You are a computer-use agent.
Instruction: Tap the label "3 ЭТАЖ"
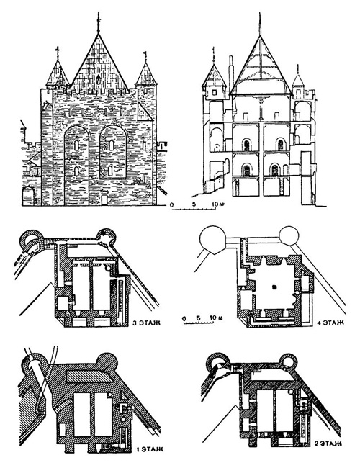[146, 323]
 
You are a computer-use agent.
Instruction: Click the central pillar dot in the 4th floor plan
[274, 287]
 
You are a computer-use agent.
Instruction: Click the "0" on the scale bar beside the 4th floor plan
[184, 318]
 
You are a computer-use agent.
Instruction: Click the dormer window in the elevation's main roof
[98, 79]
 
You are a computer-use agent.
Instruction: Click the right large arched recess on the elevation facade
[113, 152]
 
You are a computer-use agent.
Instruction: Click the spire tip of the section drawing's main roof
[260, 12]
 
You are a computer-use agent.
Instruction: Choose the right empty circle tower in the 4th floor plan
[289, 235]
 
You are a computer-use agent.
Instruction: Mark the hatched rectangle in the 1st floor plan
[89, 377]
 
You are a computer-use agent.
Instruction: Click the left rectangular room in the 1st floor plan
[82, 414]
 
